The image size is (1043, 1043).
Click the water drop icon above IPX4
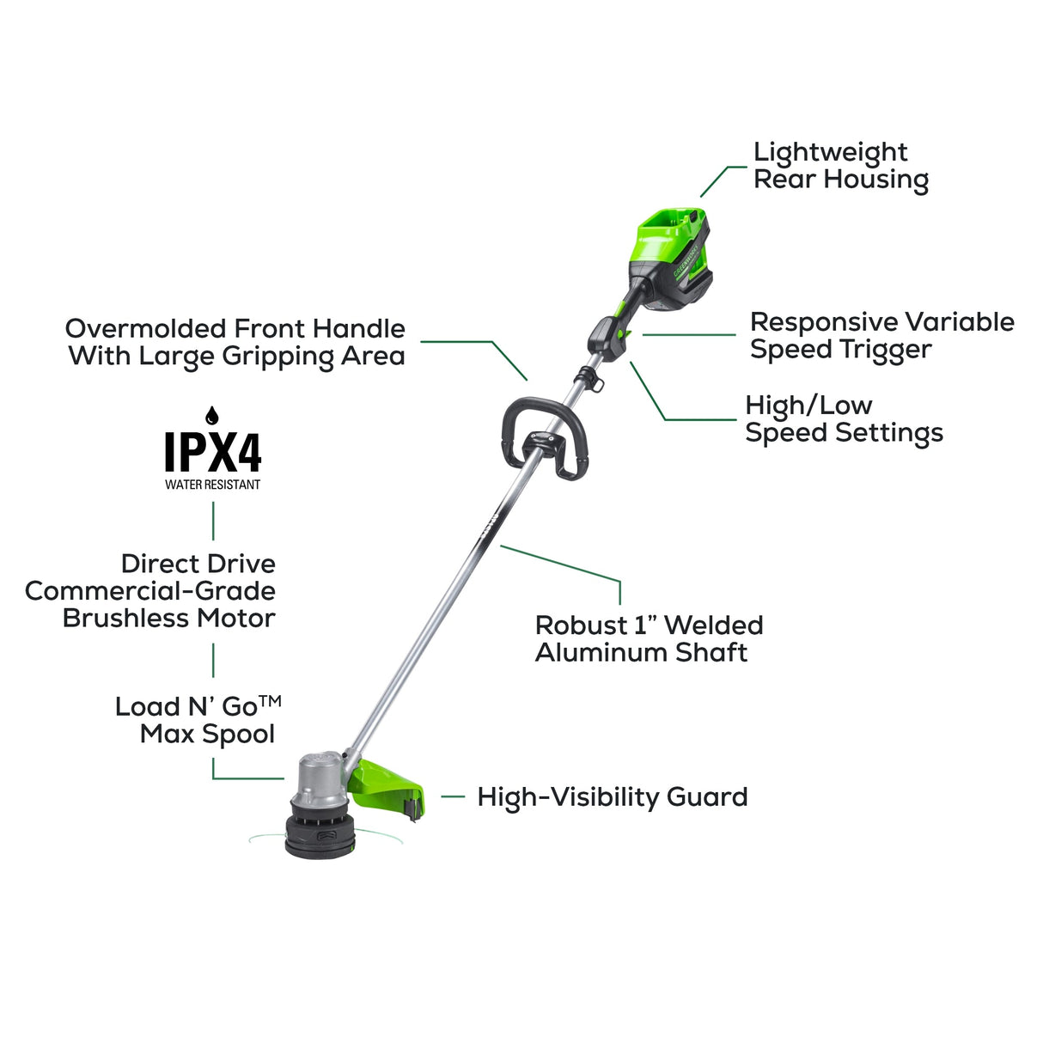[x=212, y=416]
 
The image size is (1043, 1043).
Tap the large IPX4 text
[x=212, y=452]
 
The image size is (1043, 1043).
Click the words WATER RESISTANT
[x=212, y=485]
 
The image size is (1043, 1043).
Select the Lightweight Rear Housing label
[x=840, y=166]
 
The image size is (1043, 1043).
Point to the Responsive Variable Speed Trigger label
[x=881, y=335]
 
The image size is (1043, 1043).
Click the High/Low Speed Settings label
[x=844, y=418]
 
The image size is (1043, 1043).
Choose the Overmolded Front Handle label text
[x=235, y=342]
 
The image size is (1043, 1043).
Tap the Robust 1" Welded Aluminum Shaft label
[x=649, y=638]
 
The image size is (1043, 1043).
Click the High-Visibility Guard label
[x=612, y=797]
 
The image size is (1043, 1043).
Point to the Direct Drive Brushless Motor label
[x=151, y=591]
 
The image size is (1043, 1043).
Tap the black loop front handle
[x=543, y=436]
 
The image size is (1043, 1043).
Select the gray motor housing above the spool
[x=319, y=778]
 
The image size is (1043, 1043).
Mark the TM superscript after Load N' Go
[x=270, y=701]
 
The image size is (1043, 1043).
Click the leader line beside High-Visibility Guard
[x=453, y=797]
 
